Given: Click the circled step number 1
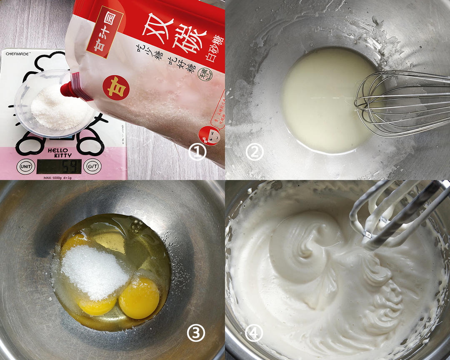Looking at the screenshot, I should click(x=197, y=152).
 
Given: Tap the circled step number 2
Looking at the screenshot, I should click(x=255, y=152).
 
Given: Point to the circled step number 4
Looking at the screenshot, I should click(x=255, y=332).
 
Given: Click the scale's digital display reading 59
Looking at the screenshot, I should click(x=59, y=166).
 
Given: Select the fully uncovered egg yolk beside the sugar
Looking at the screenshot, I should click(x=139, y=298).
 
